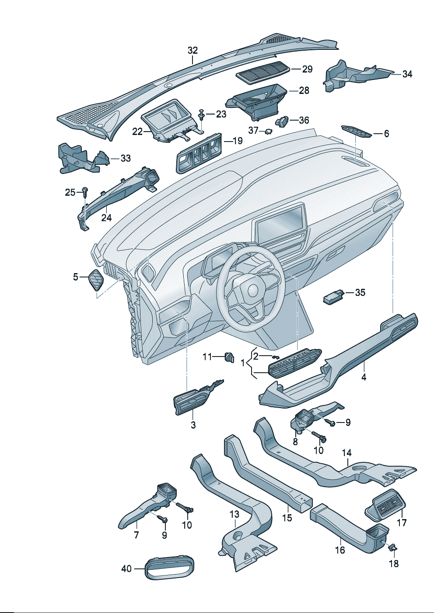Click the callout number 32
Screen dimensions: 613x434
coord(192,51)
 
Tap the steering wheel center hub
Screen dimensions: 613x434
coord(252,290)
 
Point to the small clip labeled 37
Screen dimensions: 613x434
coord(266,131)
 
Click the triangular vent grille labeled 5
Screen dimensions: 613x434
coord(96,280)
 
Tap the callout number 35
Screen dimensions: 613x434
coord(360,292)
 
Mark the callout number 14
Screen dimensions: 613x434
coord(346,453)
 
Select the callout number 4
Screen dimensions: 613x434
coord(364,377)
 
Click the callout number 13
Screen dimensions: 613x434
coord(234,514)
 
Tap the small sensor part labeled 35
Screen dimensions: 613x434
coord(333,297)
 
